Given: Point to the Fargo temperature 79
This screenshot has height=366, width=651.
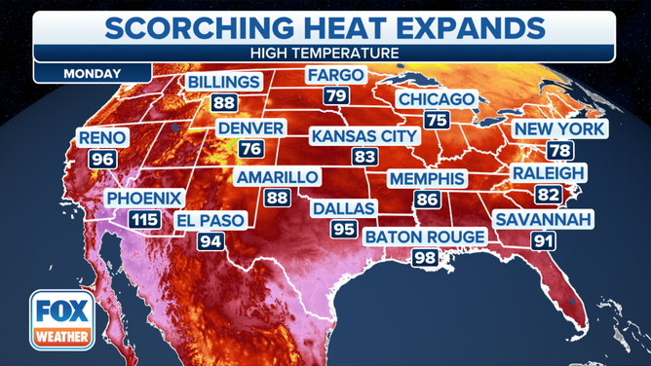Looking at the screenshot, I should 336,95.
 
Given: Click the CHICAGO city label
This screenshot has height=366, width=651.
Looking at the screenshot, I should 437,100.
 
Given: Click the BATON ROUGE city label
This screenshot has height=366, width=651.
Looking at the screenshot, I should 424,237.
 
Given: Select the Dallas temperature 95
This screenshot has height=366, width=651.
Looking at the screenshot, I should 342,229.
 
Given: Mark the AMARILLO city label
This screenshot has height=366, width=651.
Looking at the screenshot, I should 278,177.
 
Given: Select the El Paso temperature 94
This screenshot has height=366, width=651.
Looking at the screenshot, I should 209,240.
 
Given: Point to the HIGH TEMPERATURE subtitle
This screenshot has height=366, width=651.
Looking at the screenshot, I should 325,51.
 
